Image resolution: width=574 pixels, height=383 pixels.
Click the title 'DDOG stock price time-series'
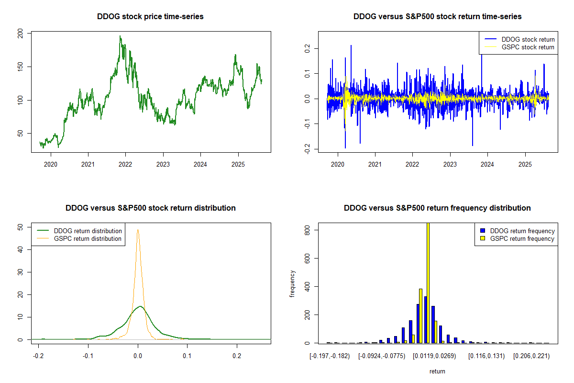tap(150, 17)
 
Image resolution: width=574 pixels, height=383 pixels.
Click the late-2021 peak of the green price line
tap(120, 36)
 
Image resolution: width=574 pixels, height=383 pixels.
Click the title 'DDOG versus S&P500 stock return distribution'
tap(150, 208)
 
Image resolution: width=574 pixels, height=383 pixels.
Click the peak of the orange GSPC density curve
tap(138, 230)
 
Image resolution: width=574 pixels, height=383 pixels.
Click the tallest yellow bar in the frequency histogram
tap(428, 282)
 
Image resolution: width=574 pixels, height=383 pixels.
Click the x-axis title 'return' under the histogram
tap(437, 371)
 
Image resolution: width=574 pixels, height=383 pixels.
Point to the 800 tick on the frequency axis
tap(304, 230)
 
